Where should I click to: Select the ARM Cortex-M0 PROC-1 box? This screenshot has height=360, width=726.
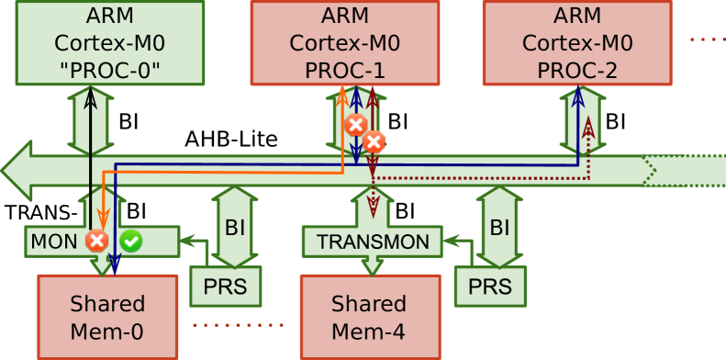[344, 42]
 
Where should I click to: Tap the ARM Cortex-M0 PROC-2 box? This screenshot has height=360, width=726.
[576, 42]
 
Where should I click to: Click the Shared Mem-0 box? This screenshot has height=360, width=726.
[107, 315]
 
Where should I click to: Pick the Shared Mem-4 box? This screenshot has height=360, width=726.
[368, 315]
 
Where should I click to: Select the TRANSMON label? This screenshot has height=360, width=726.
[373, 242]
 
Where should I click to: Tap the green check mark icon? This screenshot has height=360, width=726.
[131, 242]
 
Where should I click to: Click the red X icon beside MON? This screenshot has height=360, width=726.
[95, 242]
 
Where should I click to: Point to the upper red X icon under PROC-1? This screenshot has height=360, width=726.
[355, 124]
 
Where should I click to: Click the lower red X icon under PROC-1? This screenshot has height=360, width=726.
[373, 141]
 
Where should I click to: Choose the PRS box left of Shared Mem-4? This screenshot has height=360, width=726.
[225, 287]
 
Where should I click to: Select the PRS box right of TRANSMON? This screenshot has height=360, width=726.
[490, 287]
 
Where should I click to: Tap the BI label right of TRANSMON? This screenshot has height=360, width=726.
[499, 227]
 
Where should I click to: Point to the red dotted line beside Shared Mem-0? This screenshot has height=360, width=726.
[239, 324]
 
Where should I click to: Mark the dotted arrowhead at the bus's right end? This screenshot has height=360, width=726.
[651, 170]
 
